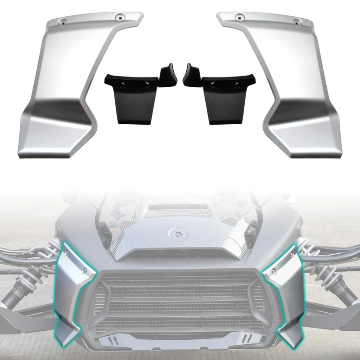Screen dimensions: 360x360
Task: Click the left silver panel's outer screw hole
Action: click(63, 21)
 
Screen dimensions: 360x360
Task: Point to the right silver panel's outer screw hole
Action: click(297, 21)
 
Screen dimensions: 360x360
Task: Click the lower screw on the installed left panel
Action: click(84, 270)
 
